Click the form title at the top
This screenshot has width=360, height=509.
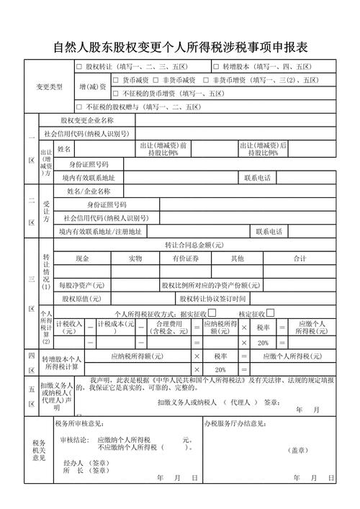(180, 48)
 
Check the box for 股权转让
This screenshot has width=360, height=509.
(79, 67)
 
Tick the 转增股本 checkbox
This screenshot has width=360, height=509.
(216, 67)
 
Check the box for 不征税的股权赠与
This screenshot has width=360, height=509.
(79, 107)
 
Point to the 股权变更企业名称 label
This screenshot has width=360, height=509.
(87, 120)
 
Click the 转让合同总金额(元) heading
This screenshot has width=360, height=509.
(194, 245)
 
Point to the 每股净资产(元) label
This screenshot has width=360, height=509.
(81, 285)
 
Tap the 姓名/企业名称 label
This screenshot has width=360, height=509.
(89, 192)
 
